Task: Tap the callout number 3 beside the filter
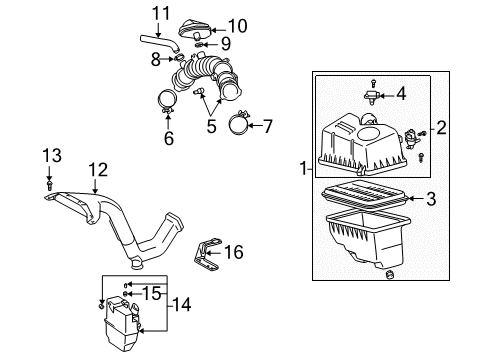point(430,199)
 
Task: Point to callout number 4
point(400,96)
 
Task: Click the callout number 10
point(237,25)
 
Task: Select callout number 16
point(233,253)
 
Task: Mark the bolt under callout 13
point(49,185)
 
